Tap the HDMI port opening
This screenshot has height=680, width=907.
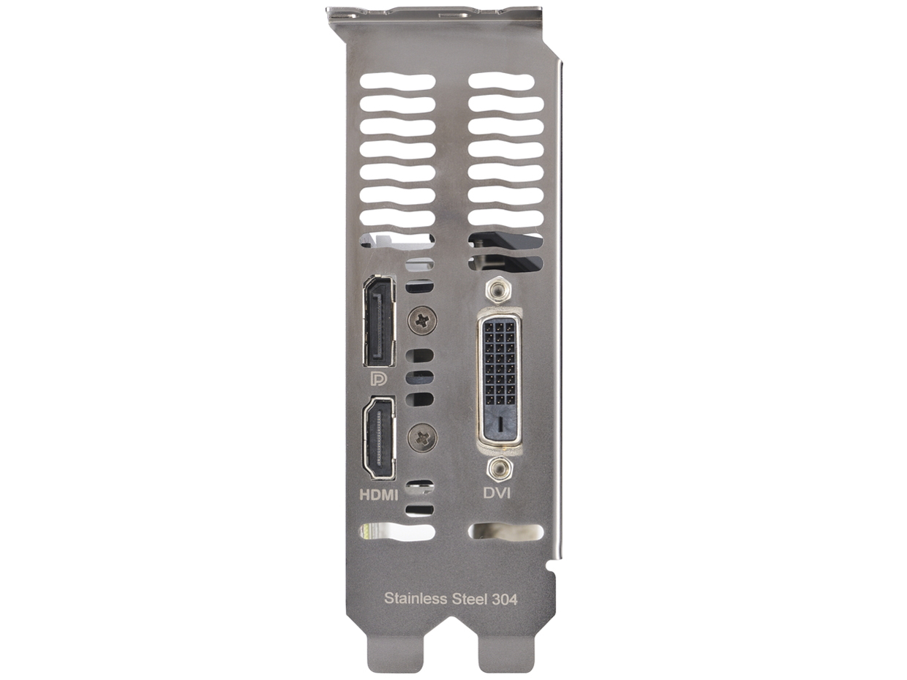pyautogui.click(x=379, y=438)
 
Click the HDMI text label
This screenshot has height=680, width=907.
pyautogui.click(x=379, y=495)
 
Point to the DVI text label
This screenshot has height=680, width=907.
pyautogui.click(x=497, y=493)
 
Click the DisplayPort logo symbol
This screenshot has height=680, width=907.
pyautogui.click(x=379, y=379)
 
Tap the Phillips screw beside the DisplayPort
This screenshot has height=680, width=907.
pyautogui.click(x=422, y=320)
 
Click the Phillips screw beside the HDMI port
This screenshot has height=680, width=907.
pyautogui.click(x=422, y=438)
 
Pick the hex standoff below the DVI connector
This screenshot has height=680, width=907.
pyautogui.click(x=499, y=468)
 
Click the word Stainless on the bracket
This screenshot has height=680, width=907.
pyautogui.click(x=415, y=599)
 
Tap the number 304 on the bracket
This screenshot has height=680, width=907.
pyautogui.click(x=504, y=599)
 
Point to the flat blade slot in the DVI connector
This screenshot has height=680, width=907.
pyautogui.click(x=499, y=423)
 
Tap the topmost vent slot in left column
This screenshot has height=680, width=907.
pyautogui.click(x=397, y=82)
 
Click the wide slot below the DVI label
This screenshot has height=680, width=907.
pyautogui.click(x=506, y=532)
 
